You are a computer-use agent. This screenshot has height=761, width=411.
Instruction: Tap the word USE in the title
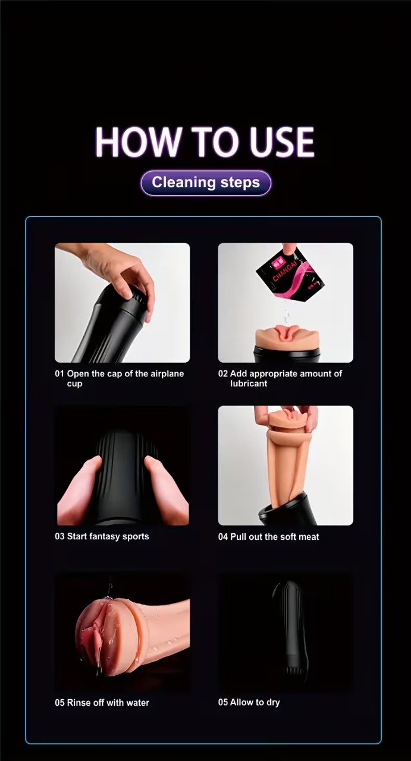(282, 141)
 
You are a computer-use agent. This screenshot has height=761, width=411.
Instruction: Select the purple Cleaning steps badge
(206, 183)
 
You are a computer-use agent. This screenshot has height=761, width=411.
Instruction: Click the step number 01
(59, 374)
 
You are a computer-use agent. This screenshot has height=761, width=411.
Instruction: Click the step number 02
(223, 374)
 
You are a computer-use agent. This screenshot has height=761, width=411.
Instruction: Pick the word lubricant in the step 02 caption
(249, 383)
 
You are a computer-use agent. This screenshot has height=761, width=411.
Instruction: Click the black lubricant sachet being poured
(290, 275)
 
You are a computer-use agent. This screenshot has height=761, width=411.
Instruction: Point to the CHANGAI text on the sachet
(285, 270)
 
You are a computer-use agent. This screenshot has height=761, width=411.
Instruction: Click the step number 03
(59, 536)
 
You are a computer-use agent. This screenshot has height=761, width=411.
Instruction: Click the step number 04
(223, 537)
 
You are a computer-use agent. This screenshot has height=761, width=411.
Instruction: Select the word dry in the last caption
(273, 703)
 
